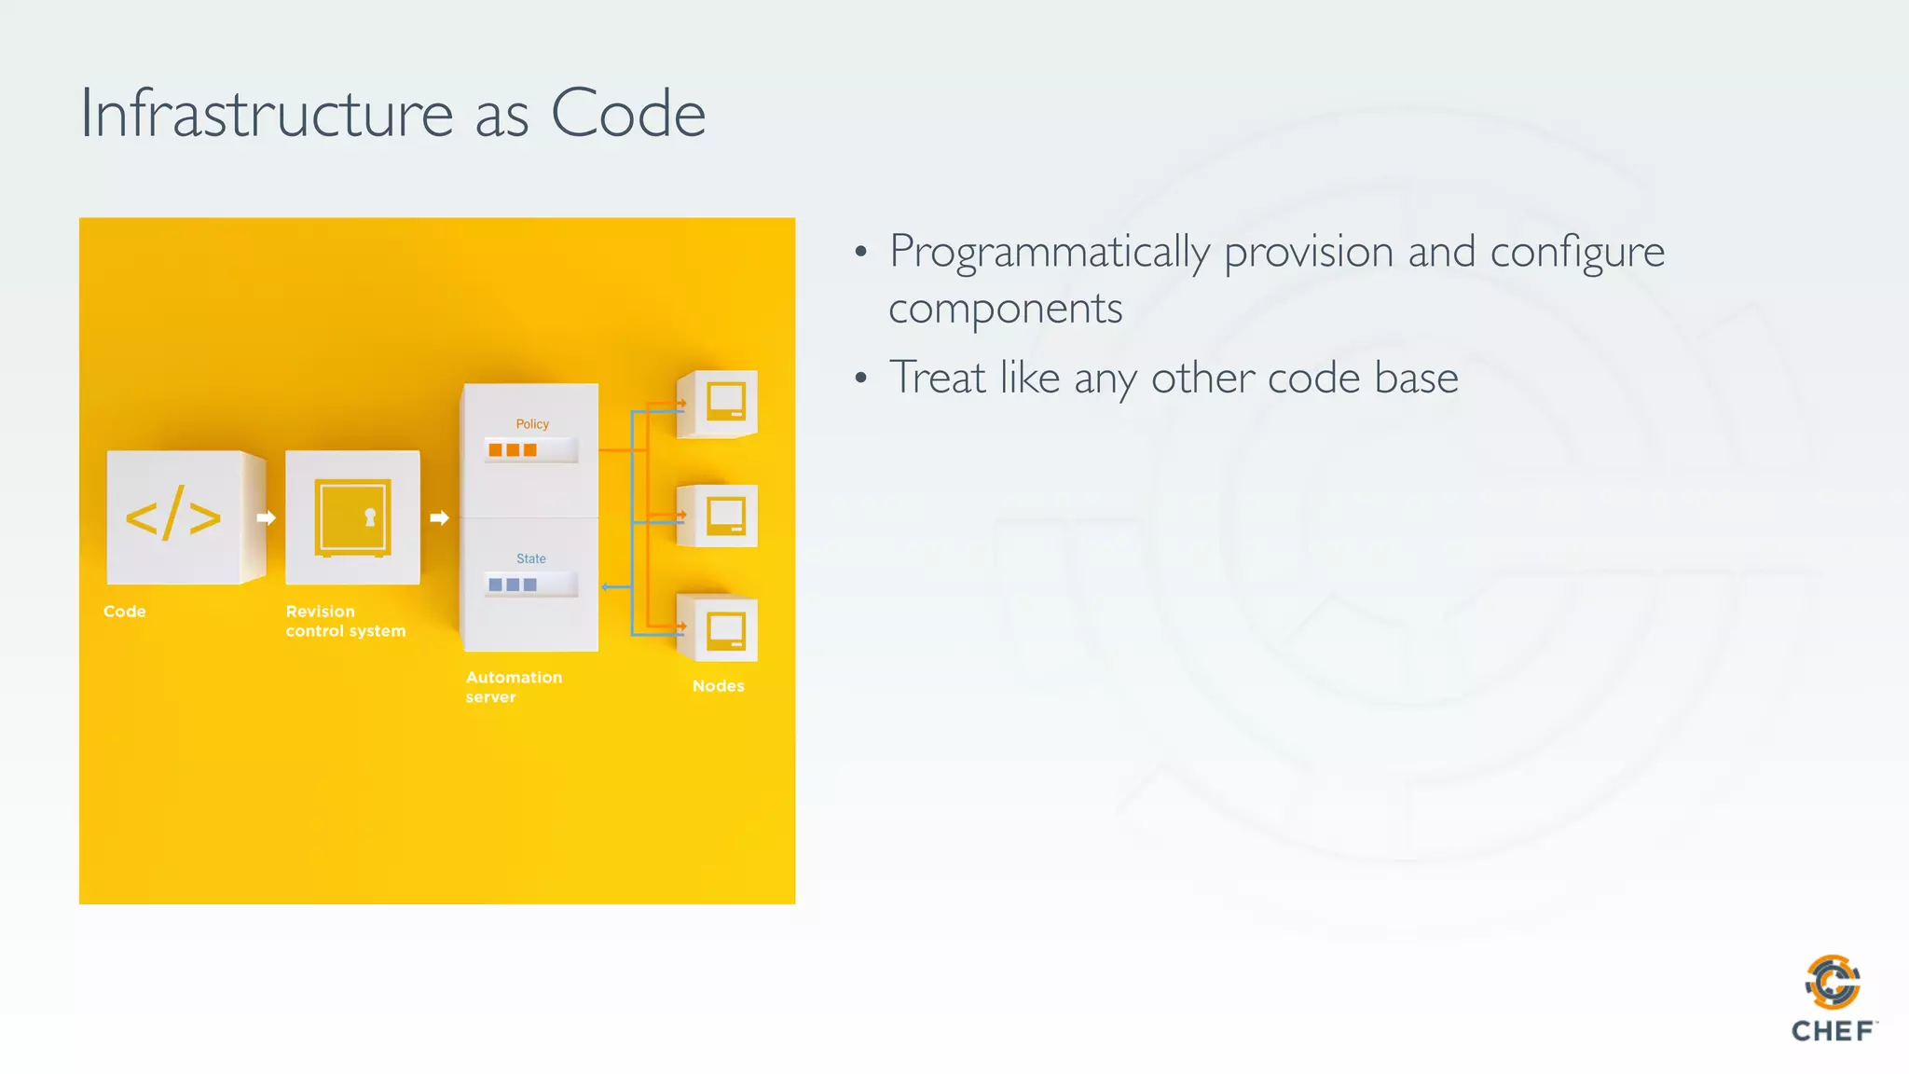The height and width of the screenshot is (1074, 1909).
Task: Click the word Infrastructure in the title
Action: click(x=267, y=114)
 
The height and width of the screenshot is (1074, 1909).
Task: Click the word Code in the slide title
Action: click(x=627, y=114)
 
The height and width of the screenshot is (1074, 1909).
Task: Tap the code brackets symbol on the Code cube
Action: click(x=173, y=516)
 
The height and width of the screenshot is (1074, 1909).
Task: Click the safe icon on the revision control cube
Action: click(x=352, y=517)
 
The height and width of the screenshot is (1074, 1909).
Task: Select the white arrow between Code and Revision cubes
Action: click(x=266, y=517)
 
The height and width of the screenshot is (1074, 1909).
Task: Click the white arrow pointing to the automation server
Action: click(x=439, y=517)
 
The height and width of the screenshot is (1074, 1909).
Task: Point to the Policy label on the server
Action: click(x=532, y=424)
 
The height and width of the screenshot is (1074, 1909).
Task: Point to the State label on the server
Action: click(x=531, y=558)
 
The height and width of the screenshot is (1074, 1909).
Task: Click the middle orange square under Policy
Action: click(x=513, y=450)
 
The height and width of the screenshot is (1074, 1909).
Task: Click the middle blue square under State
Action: click(x=513, y=585)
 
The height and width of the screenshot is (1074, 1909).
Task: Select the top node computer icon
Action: click(x=725, y=402)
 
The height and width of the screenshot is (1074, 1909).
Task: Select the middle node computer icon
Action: click(x=725, y=516)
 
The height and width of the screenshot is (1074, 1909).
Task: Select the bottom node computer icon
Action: click(x=725, y=630)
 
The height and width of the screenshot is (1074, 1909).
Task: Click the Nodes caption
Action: click(x=718, y=686)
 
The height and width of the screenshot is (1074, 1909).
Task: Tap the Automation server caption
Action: click(x=514, y=687)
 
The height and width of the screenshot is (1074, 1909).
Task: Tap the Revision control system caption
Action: click(x=345, y=621)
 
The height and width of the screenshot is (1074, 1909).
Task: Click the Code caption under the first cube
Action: click(x=125, y=612)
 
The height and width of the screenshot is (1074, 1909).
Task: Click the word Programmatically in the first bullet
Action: click(x=1050, y=253)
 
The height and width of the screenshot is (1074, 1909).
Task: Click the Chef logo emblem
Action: click(x=1833, y=982)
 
